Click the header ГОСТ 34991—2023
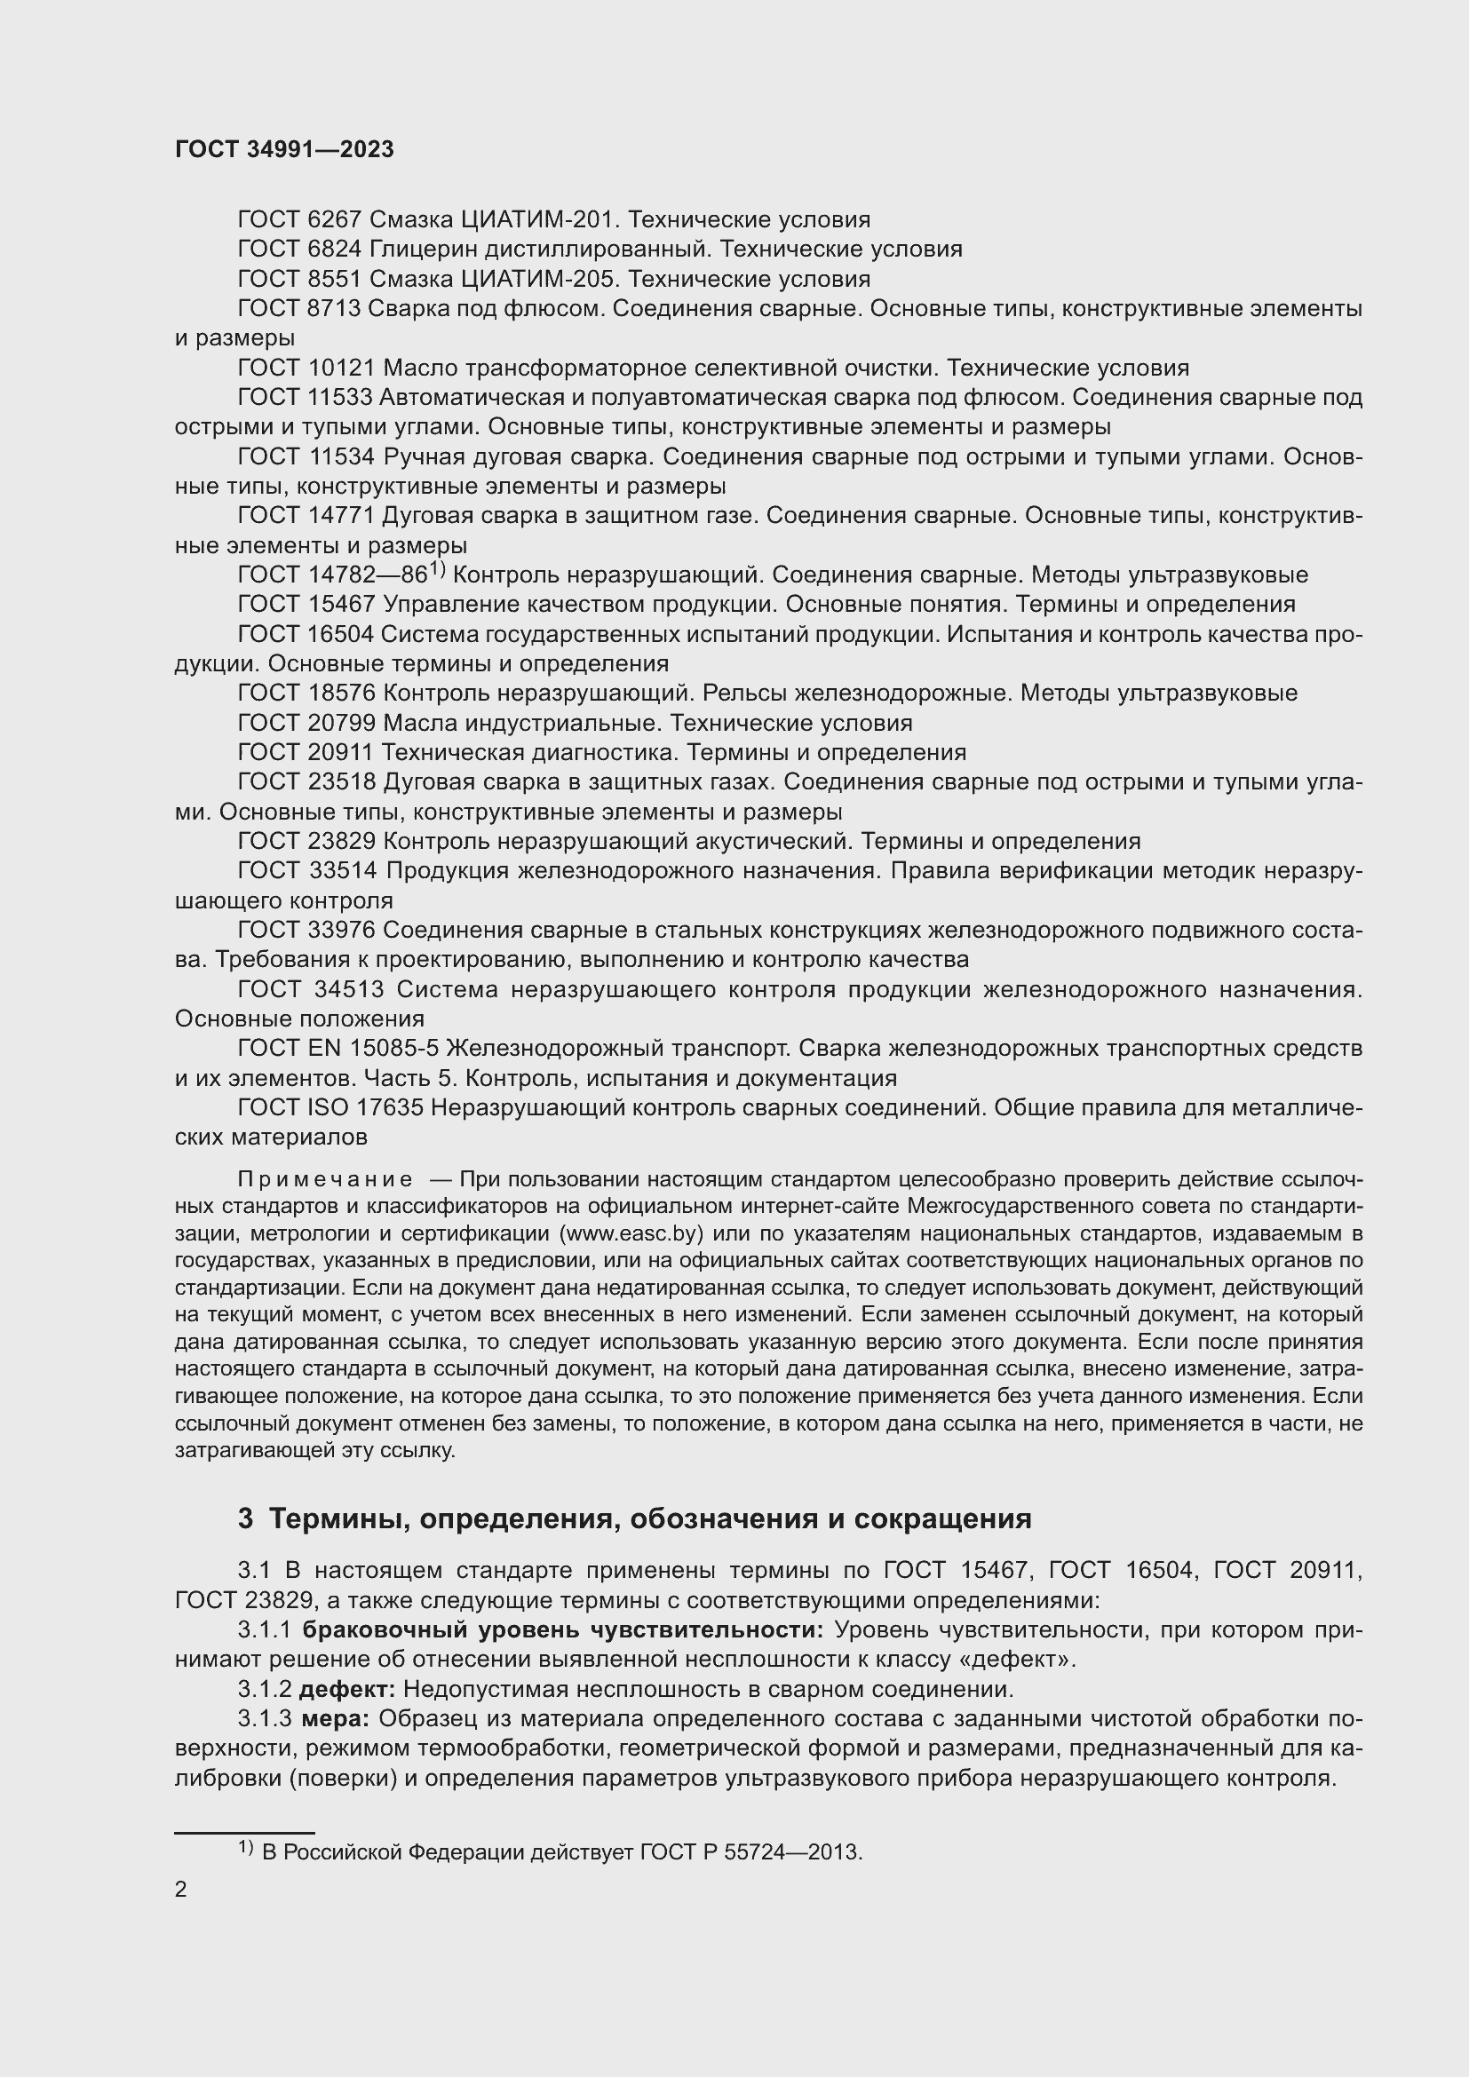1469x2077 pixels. click(284, 149)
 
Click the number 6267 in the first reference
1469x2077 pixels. click(334, 220)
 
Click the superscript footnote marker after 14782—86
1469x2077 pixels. click(438, 569)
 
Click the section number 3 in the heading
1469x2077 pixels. click(245, 1518)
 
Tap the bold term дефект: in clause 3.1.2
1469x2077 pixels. click(347, 1689)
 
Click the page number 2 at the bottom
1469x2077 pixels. click(181, 1889)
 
